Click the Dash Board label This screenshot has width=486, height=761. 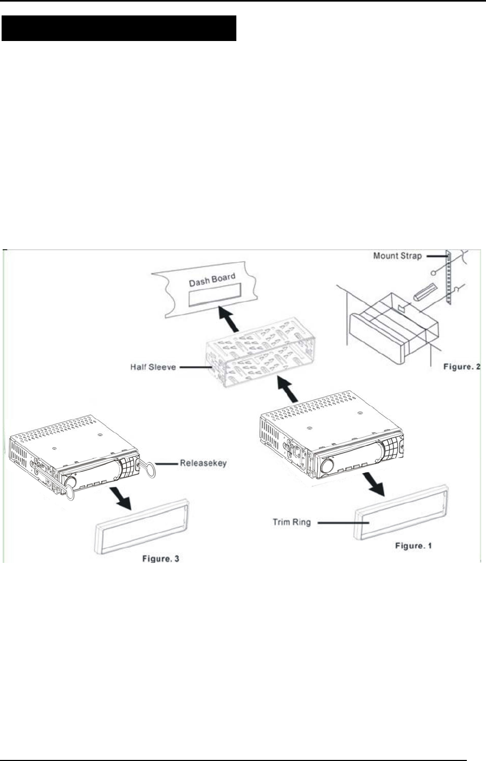click(x=212, y=281)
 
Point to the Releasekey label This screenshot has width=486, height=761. click(x=203, y=463)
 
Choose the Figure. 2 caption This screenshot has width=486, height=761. click(x=462, y=367)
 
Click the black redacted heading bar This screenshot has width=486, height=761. click(x=119, y=28)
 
